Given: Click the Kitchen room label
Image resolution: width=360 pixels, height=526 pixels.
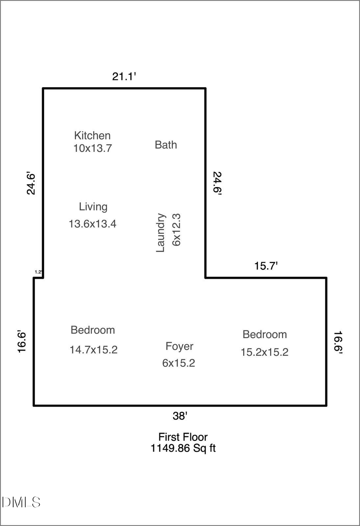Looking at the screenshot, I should [92, 135].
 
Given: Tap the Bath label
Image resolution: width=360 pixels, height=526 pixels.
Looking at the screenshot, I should [166, 145].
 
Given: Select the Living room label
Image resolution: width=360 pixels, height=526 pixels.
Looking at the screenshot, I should [93, 207].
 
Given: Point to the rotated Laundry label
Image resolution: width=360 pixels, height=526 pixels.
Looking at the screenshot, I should [160, 233].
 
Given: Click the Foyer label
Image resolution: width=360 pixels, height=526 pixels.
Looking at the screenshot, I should [179, 346].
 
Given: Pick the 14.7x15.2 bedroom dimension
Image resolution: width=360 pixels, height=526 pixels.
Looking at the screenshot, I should [93, 350].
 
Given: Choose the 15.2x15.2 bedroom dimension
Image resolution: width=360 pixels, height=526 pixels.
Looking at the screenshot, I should [264, 352].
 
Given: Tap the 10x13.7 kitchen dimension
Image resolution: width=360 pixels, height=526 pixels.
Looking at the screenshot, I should [92, 148].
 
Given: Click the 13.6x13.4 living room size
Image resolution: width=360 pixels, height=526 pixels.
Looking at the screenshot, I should [92, 224].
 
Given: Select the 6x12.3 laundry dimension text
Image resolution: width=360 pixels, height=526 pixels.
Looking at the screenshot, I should [177, 230].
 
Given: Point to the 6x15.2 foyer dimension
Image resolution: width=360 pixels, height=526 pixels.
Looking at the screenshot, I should [178, 363].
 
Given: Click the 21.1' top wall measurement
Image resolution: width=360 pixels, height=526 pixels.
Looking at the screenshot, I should [124, 76].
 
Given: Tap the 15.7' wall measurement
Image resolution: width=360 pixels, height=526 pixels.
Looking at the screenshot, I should [266, 266].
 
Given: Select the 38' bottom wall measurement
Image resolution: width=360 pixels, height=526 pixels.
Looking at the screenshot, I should [180, 416].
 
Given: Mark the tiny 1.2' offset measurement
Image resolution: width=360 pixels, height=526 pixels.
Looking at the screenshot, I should [39, 272].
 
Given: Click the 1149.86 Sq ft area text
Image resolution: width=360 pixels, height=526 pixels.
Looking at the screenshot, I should [183, 448].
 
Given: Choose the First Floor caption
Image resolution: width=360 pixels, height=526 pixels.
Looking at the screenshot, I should [183, 437].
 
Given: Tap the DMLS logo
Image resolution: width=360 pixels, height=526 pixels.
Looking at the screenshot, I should [21, 502].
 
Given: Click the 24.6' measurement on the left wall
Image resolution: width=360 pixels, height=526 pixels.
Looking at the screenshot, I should [31, 183].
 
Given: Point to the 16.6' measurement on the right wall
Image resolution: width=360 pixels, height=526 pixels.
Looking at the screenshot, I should [338, 343].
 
